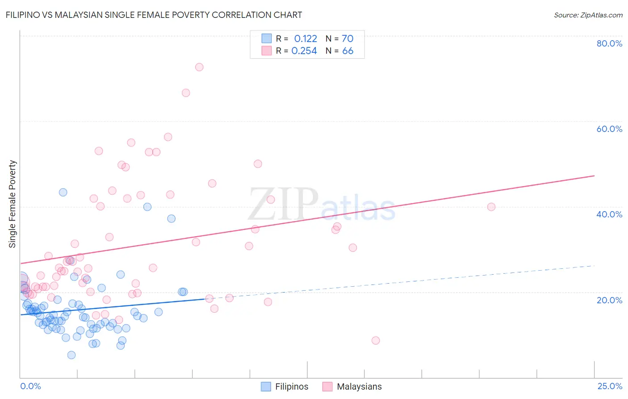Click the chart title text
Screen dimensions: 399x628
[x=154, y=15]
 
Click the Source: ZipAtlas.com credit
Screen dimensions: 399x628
[x=588, y=15]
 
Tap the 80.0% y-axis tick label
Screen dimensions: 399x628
[x=609, y=43]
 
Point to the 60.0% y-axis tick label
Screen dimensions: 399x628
[x=609, y=129]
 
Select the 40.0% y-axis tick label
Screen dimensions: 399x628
[x=609, y=214]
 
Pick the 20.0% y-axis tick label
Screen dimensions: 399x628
[x=609, y=300]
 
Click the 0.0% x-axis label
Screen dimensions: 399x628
[x=30, y=386]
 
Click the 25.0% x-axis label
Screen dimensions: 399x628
[x=610, y=386]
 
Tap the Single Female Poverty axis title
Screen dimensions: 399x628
[x=13, y=204]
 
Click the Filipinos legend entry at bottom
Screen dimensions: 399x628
[x=291, y=386]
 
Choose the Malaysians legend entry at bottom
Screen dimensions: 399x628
[x=359, y=386]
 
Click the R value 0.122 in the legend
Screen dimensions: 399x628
[x=306, y=39]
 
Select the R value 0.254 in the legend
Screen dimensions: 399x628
[x=304, y=51]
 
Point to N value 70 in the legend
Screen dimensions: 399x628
[x=347, y=39]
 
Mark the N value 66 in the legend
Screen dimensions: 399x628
[x=347, y=51]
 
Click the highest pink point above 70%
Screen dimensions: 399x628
[x=199, y=67]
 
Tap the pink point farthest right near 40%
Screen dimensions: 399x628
[x=491, y=207]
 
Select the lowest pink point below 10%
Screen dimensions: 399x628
[x=376, y=340]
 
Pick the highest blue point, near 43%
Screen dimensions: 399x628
[x=63, y=192]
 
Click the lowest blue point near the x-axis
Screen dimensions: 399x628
[x=71, y=355]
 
